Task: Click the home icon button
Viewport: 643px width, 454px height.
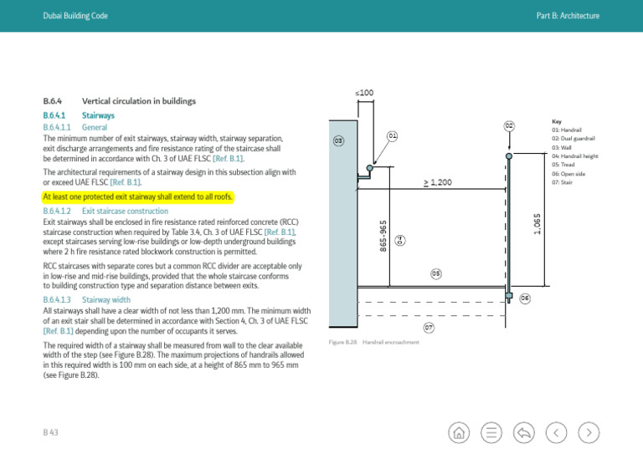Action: tap(460, 432)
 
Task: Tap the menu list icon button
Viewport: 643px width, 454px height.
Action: tap(491, 432)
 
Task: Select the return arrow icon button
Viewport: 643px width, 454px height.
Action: tap(525, 432)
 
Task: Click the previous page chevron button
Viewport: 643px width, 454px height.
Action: tap(558, 432)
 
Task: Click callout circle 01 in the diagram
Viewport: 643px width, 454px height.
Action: tap(392, 135)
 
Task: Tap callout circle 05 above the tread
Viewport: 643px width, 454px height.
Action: tap(436, 273)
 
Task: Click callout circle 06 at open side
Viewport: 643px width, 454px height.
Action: tap(525, 298)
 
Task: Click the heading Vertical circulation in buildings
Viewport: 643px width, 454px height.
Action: tap(139, 101)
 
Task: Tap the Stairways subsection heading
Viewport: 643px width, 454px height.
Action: tap(98, 115)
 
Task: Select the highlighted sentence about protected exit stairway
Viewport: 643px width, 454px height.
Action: tap(138, 197)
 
